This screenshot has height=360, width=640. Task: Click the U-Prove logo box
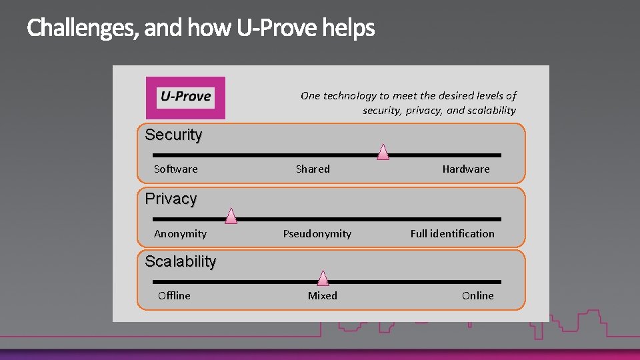tap(185, 97)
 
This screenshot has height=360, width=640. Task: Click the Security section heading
tap(173, 135)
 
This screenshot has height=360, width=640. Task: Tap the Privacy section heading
tap(171, 199)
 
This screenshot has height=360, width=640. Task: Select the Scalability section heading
tap(181, 261)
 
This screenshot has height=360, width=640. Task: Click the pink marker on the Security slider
tap(383, 152)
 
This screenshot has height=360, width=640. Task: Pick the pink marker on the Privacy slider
tap(231, 215)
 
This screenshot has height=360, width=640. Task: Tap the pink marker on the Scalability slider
tap(323, 278)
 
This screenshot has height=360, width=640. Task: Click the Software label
tap(175, 169)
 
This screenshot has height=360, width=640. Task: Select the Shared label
tap(313, 169)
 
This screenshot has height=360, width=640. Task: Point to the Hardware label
tap(465, 169)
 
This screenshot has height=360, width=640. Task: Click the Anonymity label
tap(180, 234)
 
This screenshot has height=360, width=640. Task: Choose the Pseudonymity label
tap(317, 234)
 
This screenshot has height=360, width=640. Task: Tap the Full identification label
tap(452, 234)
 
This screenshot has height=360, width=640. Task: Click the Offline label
tap(174, 296)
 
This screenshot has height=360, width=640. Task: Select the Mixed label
tap(322, 296)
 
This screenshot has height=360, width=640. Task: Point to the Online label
tap(477, 296)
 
